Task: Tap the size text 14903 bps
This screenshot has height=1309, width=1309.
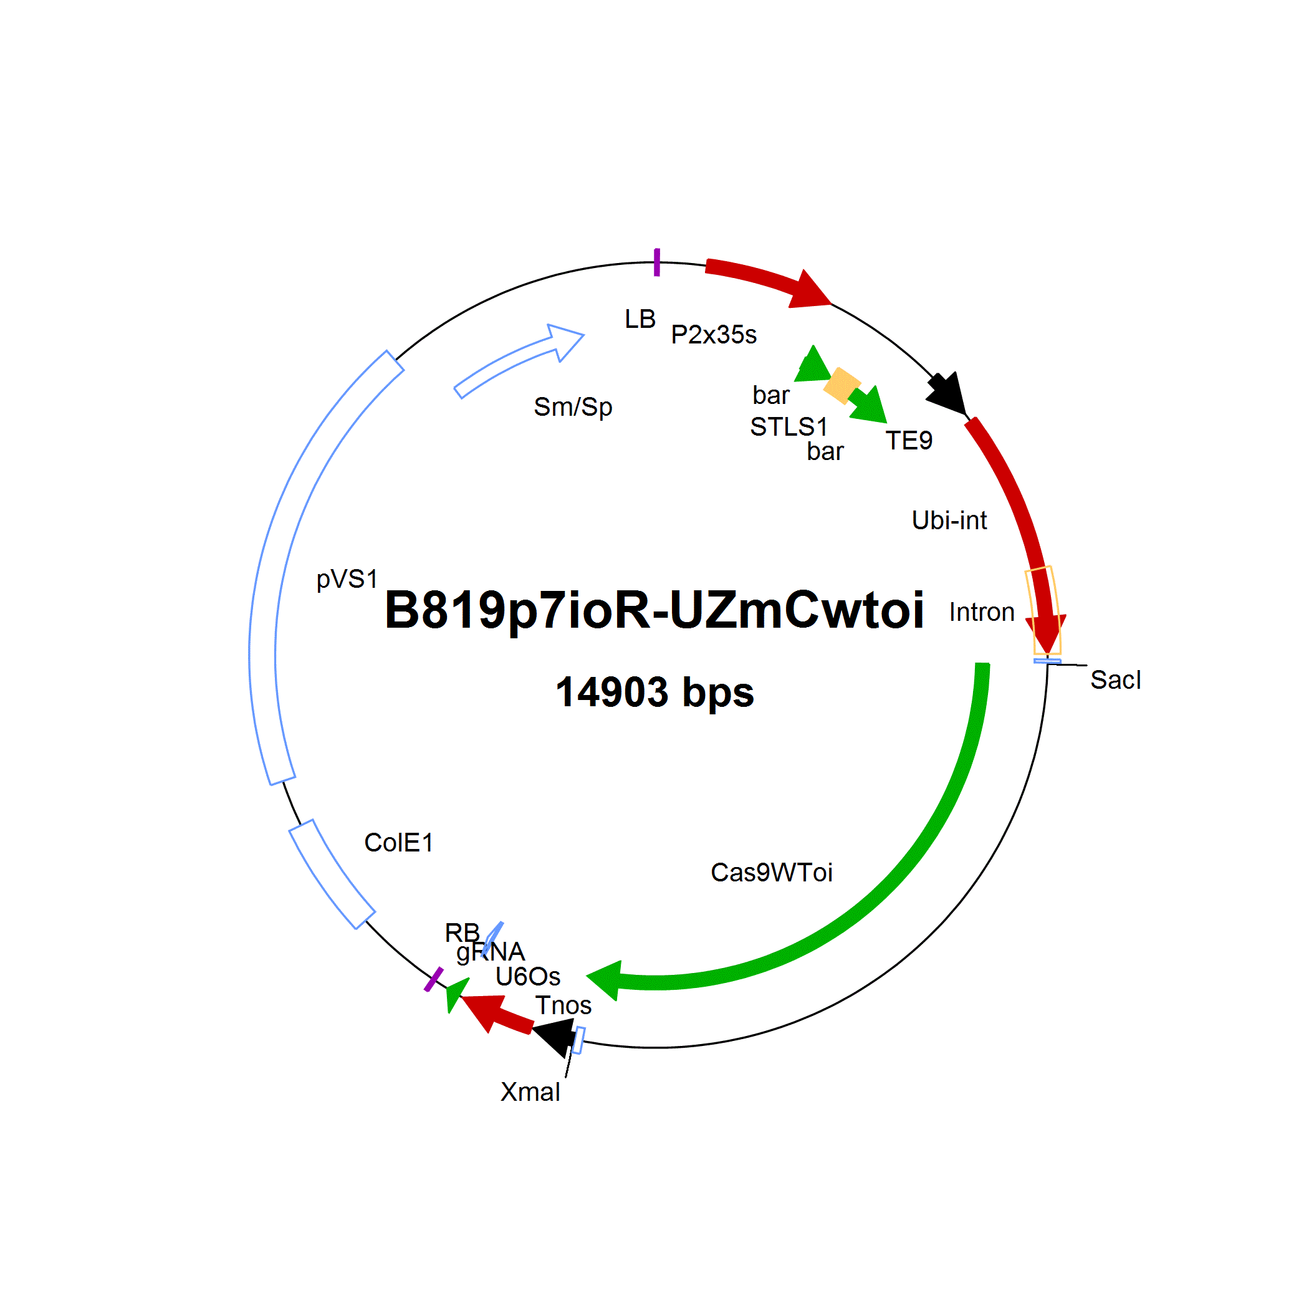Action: pos(654,693)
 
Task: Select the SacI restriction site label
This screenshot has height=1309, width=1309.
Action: pos(1115,679)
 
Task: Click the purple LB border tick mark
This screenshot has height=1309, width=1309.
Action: pos(656,262)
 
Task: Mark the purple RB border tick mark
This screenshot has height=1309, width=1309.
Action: pos(434,980)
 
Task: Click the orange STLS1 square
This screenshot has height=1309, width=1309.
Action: pos(842,385)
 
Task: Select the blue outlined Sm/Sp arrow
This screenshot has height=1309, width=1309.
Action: pos(519,360)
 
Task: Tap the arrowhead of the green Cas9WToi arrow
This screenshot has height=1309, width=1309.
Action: pos(603,981)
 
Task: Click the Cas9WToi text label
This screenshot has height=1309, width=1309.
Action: pos(771,873)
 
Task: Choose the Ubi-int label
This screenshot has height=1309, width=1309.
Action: pos(949,520)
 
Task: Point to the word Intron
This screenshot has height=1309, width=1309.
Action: pos(982,612)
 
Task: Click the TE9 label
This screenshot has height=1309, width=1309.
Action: pos(909,441)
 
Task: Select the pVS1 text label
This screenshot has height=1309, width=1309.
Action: pos(347,579)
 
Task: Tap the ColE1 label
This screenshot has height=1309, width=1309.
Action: pos(398,843)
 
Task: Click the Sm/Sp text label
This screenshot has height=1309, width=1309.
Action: pos(573,406)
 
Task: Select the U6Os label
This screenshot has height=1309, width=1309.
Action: pos(528,976)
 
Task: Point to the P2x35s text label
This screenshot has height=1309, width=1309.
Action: pos(714,335)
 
